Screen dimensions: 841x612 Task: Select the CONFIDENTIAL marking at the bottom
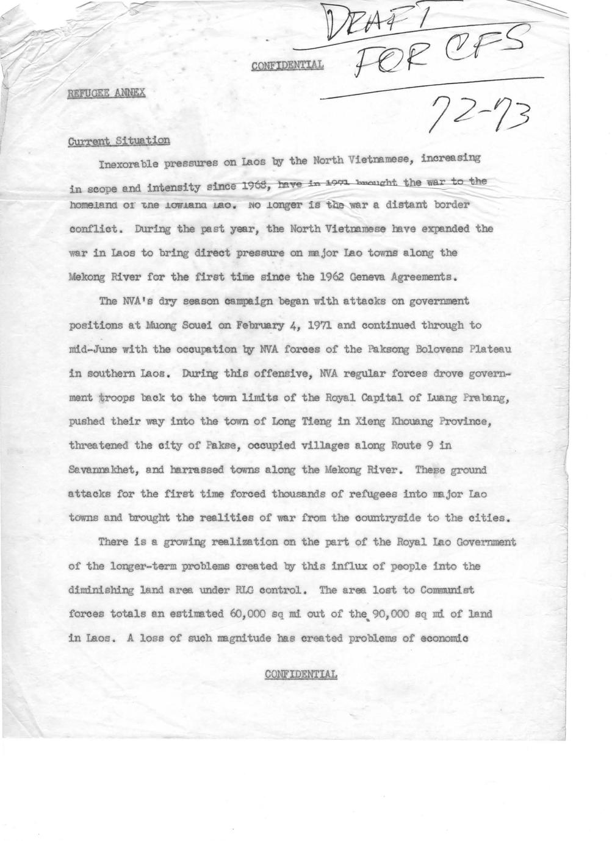click(x=301, y=674)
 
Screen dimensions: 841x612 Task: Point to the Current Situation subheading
click(x=118, y=141)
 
